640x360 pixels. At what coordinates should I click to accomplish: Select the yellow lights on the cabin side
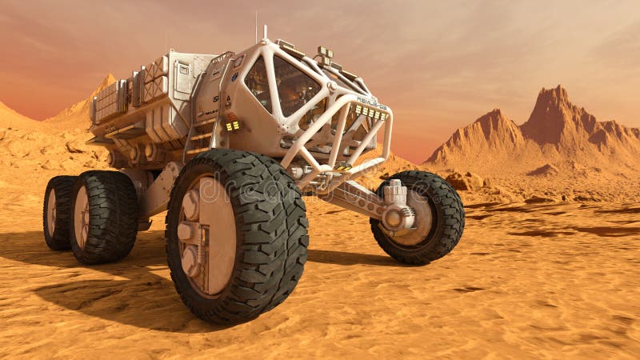pos(233,126)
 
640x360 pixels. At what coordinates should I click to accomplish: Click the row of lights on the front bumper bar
pos(369,111)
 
